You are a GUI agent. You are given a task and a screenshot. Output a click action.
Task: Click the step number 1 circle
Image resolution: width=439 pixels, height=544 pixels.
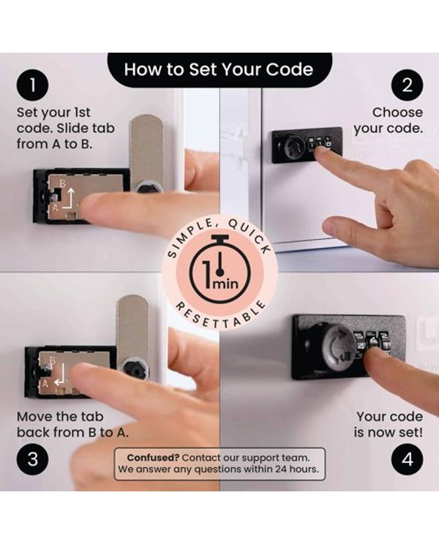pos(32,85)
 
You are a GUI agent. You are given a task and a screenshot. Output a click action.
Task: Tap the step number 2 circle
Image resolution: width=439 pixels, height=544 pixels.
pos(407,85)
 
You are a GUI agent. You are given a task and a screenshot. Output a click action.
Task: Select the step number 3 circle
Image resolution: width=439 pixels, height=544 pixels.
pos(32,459)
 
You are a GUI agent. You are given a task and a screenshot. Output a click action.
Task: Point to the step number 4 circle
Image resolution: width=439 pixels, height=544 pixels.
pos(407,459)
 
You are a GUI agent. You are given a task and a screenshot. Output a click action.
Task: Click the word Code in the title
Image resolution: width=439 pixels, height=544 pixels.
pos(289,69)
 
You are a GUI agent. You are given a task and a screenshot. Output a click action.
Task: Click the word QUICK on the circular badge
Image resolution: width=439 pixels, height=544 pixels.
pos(249,237)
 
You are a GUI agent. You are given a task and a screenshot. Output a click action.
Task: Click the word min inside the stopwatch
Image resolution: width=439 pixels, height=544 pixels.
pos(225,284)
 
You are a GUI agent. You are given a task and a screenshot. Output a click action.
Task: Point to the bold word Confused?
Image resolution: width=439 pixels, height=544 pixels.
pos(153,458)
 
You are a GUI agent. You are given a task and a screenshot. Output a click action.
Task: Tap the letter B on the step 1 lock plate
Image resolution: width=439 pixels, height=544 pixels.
pos(62,184)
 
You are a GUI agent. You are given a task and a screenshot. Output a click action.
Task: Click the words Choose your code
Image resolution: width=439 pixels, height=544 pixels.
pos(389,120)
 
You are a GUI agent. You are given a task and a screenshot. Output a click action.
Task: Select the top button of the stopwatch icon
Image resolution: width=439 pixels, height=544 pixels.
pos(220,238)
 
